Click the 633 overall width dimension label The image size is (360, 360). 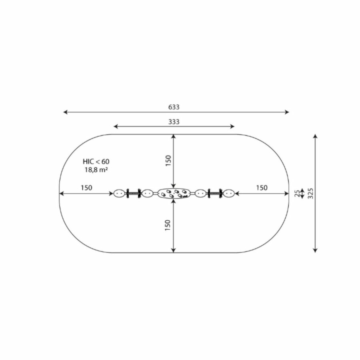pyautogui.click(x=174, y=107)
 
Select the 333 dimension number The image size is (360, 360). pyautogui.click(x=174, y=122)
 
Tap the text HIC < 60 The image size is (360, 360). pyautogui.click(x=96, y=162)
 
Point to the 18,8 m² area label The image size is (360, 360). pyautogui.click(x=96, y=170)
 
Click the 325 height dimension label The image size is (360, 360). pyautogui.click(x=310, y=193)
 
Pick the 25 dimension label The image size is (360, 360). pyautogui.click(x=297, y=193)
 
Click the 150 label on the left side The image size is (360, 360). pyautogui.click(x=86, y=188)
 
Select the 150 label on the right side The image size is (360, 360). pyautogui.click(x=262, y=188)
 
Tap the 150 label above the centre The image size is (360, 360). pyautogui.click(x=168, y=161)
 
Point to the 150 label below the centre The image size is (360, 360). pyautogui.click(x=168, y=225)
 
